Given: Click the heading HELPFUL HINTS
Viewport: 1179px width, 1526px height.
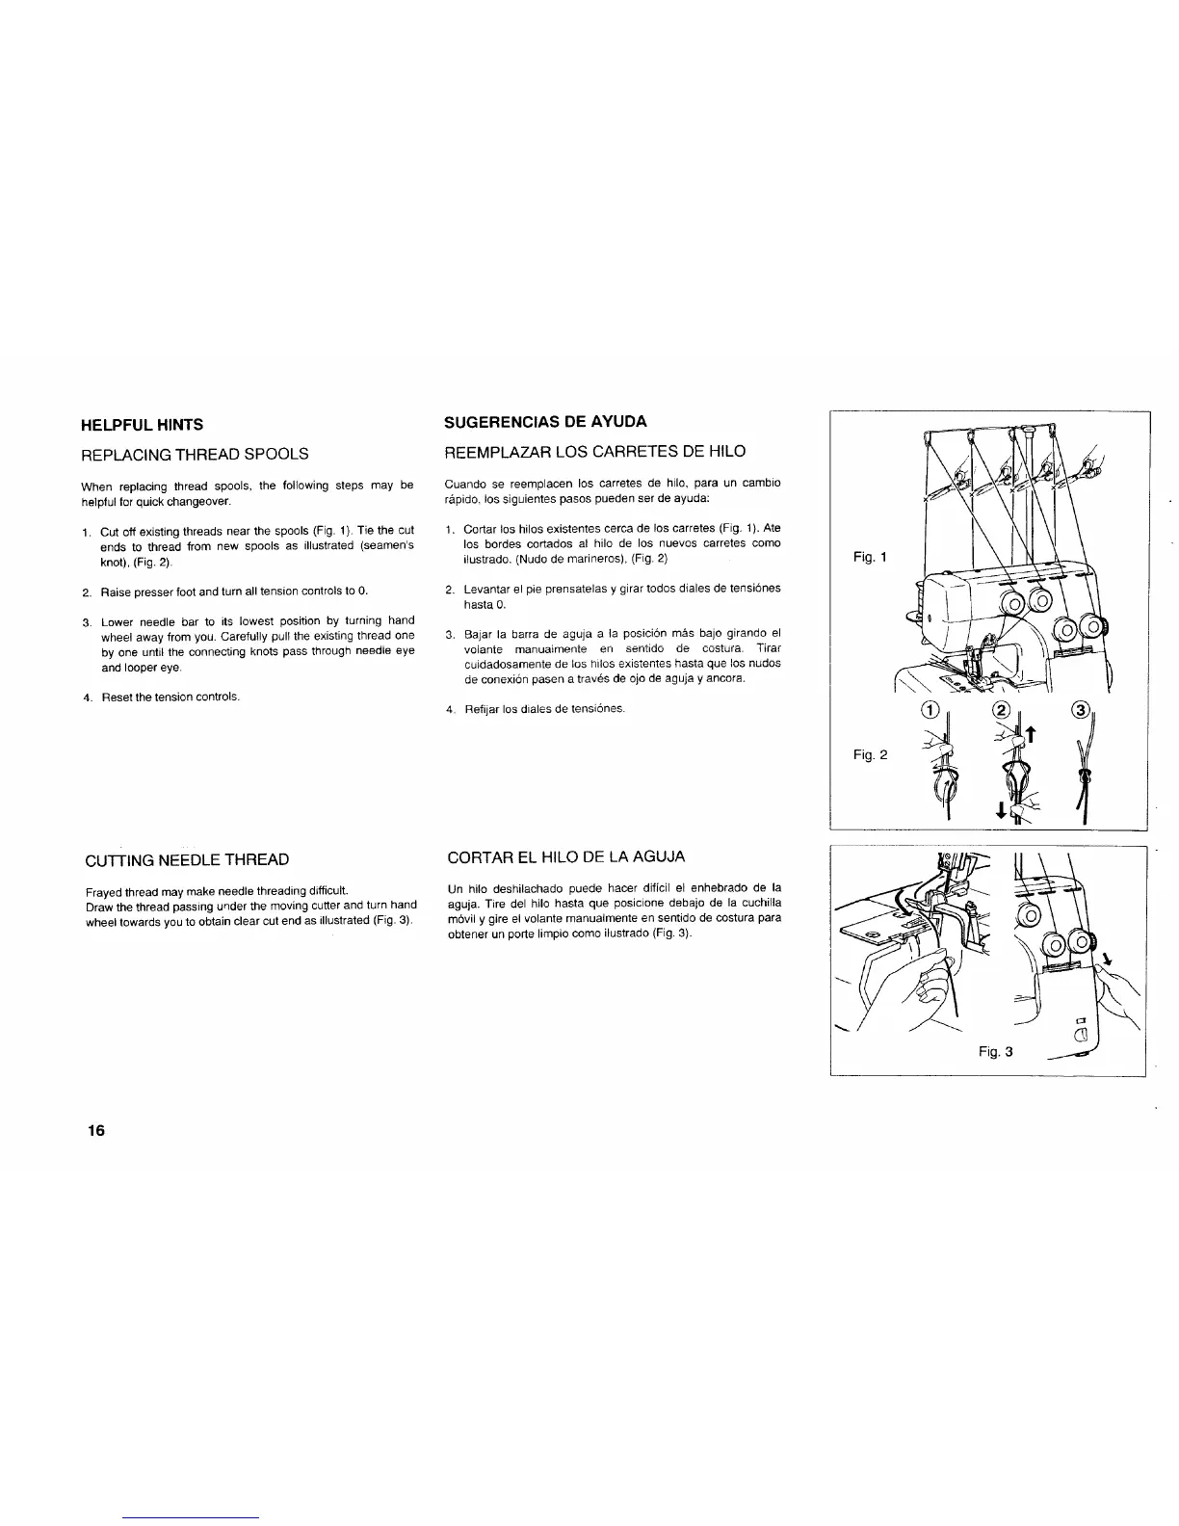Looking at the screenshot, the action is pos(142,424).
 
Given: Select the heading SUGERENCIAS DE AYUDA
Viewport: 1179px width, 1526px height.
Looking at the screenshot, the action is pos(544,421).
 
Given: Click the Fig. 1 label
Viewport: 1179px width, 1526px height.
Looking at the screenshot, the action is pos(870,557).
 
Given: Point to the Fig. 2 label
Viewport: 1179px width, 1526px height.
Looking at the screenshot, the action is pos(870,754).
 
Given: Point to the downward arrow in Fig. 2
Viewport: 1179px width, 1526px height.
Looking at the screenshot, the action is pos(1002,812).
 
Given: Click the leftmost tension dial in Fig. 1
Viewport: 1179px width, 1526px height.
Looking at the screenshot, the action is pos(1014,604).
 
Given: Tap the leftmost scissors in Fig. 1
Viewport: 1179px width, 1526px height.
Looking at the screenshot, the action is pos(959,475).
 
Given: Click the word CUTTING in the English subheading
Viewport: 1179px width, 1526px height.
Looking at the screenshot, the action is pos(120,859).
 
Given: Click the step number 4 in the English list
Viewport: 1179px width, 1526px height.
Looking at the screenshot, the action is pos(87,697).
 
